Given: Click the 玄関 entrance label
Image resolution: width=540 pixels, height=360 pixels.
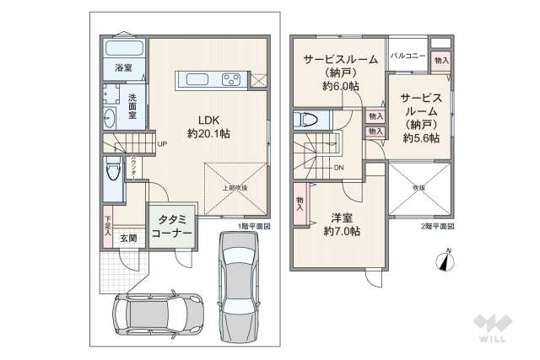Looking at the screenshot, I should tap(127, 239).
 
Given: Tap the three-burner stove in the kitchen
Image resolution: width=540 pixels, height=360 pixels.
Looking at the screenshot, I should tap(231, 80).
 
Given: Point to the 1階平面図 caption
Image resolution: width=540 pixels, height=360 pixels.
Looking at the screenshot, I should tap(254, 227).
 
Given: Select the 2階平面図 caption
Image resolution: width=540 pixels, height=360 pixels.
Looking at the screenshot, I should tap(438, 227).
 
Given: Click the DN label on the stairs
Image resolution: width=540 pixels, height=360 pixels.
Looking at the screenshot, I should tap(337, 168).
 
